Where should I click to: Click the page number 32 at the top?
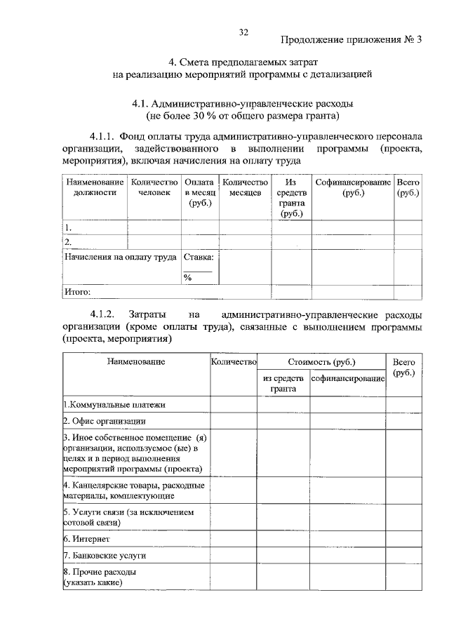tap(244, 32)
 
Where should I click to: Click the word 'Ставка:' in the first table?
tap(199, 257)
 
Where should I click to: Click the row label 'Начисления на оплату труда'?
tap(120, 257)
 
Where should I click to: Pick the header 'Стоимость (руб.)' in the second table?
tap(321, 362)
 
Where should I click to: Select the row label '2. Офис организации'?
tap(105, 421)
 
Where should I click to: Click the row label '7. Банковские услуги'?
tap(104, 555)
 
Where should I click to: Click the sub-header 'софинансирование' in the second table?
tap(348, 379)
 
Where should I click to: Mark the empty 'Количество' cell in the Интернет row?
tap(234, 539)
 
